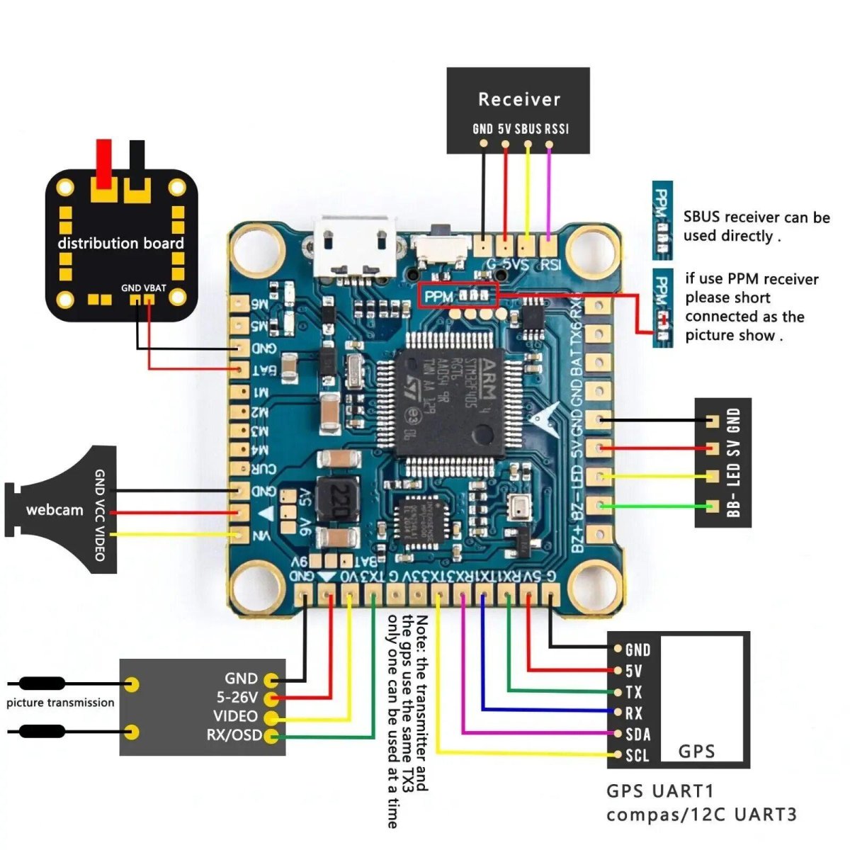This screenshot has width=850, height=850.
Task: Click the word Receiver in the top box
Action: [518, 100]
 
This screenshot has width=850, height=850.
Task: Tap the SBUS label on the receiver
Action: [528, 129]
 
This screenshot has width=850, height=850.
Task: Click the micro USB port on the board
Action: [356, 248]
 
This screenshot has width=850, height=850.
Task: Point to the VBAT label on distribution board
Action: [155, 288]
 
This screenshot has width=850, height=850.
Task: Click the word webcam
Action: [55, 510]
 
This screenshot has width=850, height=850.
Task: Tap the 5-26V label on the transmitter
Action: [237, 698]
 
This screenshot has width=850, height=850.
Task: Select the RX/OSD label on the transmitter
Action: [234, 735]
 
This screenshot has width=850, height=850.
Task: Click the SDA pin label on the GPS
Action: [637, 735]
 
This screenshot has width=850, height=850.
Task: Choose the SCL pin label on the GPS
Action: [637, 755]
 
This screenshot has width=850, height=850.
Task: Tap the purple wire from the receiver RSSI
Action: [549, 191]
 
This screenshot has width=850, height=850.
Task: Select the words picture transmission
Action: [60, 703]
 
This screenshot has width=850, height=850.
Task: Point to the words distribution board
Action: [120, 244]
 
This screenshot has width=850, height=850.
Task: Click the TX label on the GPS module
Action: [633, 692]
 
